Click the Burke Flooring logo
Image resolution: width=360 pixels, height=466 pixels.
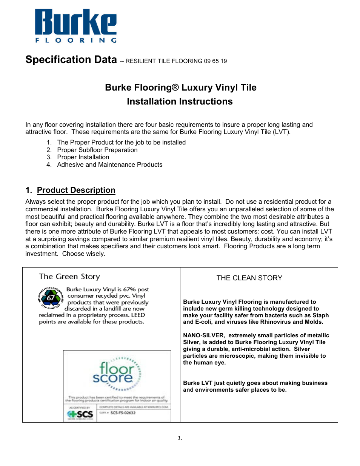[x=76, y=26]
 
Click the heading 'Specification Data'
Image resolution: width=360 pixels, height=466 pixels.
[x=71, y=60]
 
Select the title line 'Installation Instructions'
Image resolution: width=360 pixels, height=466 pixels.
[x=180, y=102]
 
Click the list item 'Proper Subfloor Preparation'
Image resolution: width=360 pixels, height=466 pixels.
[x=97, y=150]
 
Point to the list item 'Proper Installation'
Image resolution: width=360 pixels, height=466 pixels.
[x=83, y=157]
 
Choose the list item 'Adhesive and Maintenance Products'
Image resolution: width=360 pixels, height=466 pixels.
[x=110, y=165]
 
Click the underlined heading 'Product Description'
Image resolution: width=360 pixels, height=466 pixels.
[x=76, y=190]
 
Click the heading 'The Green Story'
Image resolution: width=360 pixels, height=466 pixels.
[x=69, y=277]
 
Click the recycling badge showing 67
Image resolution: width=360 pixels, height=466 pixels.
[x=50, y=298]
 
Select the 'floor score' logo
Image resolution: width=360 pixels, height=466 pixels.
[x=116, y=373]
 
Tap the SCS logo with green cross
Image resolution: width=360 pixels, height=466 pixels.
[x=80, y=414]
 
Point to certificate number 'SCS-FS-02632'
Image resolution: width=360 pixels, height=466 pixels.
[x=123, y=413]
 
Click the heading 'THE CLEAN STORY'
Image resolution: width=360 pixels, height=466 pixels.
[x=249, y=278]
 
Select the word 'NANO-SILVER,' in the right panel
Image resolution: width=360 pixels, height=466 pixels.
[x=204, y=335]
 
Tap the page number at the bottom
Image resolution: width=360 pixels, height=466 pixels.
[x=180, y=438]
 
